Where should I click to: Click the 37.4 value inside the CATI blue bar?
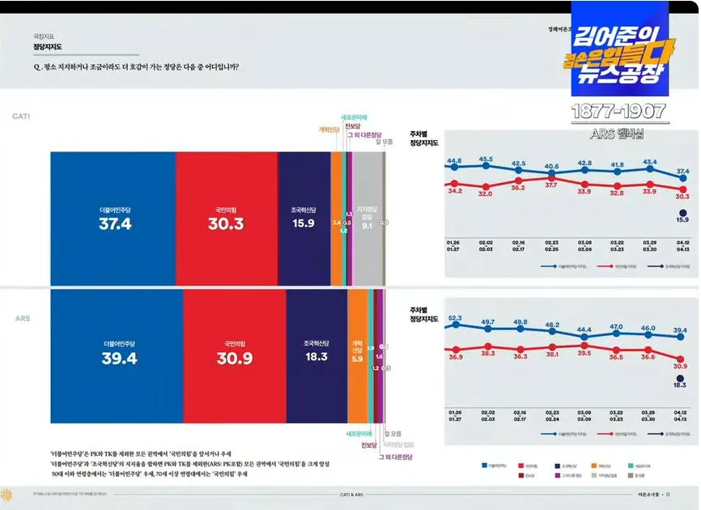(x=115, y=224)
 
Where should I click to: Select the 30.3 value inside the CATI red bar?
(x=226, y=224)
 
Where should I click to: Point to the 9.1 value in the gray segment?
(x=367, y=227)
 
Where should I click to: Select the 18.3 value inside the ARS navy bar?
(x=317, y=357)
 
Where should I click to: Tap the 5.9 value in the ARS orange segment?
(x=357, y=359)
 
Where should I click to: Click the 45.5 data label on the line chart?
(x=486, y=159)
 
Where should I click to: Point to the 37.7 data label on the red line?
(x=551, y=185)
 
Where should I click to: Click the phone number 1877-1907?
(x=618, y=111)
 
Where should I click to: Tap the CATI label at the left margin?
(x=21, y=117)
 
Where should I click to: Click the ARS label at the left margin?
(x=22, y=319)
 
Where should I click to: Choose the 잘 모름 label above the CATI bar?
(x=383, y=142)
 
